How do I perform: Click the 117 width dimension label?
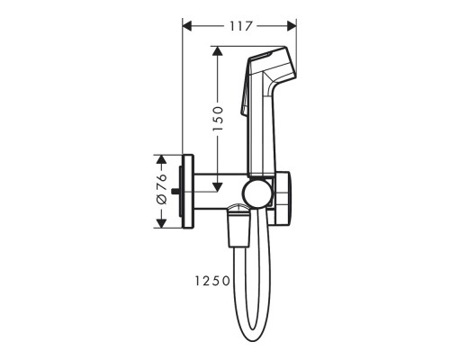[x=240, y=26]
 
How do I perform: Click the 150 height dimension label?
[x=218, y=118]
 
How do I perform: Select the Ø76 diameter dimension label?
[x=162, y=189]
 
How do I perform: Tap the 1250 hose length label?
[x=212, y=281]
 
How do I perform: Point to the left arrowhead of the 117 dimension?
[x=187, y=26]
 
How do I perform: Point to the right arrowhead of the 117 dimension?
[x=292, y=26]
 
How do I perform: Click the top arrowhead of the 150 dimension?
[x=217, y=51]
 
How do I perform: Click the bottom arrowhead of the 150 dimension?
[x=217, y=187]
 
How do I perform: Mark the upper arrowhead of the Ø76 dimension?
[x=161, y=159]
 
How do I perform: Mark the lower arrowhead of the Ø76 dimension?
[x=161, y=223]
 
